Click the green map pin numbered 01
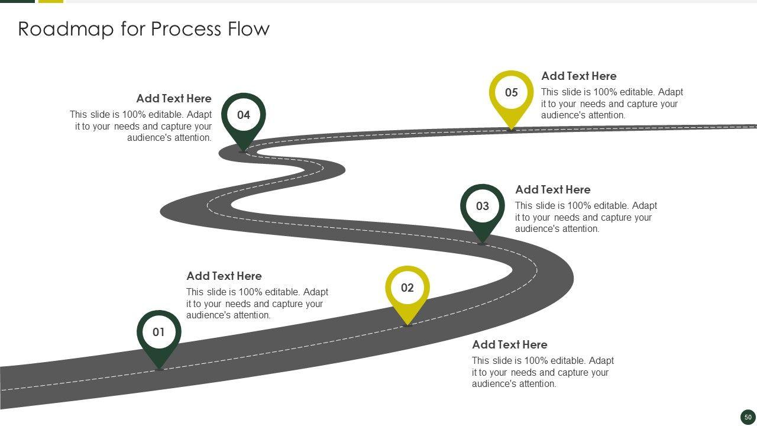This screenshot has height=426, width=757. pyautogui.click(x=158, y=335)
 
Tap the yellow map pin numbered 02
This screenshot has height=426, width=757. pyautogui.click(x=407, y=291)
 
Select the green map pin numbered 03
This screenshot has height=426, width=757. pyautogui.click(x=483, y=209)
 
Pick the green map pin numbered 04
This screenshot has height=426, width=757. pyautogui.click(x=244, y=118)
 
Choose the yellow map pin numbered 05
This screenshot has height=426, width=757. pyautogui.click(x=511, y=95)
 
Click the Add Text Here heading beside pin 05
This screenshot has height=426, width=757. pyautogui.click(x=578, y=76)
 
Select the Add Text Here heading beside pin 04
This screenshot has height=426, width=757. pyautogui.click(x=174, y=98)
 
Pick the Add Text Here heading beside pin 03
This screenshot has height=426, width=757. pyautogui.click(x=552, y=189)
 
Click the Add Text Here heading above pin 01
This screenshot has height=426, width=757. pyautogui.click(x=224, y=276)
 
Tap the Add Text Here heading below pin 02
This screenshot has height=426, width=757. pyautogui.click(x=509, y=344)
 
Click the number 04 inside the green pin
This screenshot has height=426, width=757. pyautogui.click(x=244, y=115)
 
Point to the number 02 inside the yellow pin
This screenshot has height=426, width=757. pyautogui.click(x=407, y=288)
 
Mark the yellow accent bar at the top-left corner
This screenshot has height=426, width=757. pyautogui.click(x=51, y=1)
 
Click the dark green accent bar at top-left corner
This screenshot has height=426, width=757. pyautogui.click(x=17, y=1)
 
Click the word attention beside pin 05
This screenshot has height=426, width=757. pyautogui.click(x=603, y=115)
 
